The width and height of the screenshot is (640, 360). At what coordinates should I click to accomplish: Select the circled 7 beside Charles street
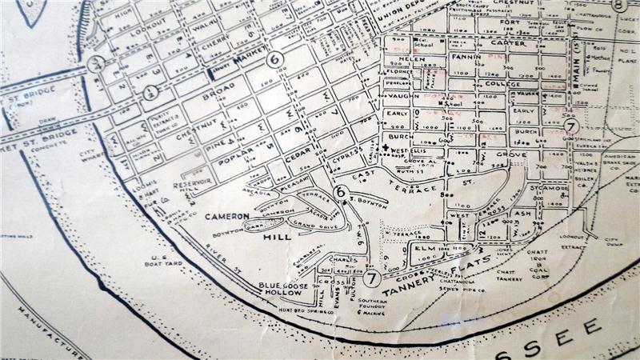pos(371,279)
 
